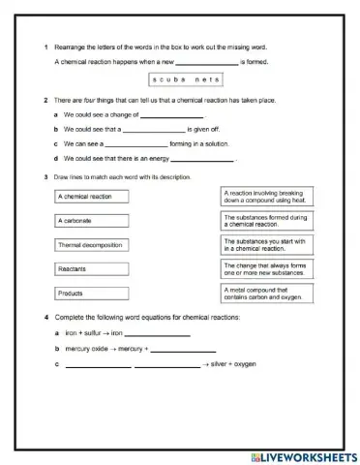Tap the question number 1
click(45, 47)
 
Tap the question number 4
click(45, 318)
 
